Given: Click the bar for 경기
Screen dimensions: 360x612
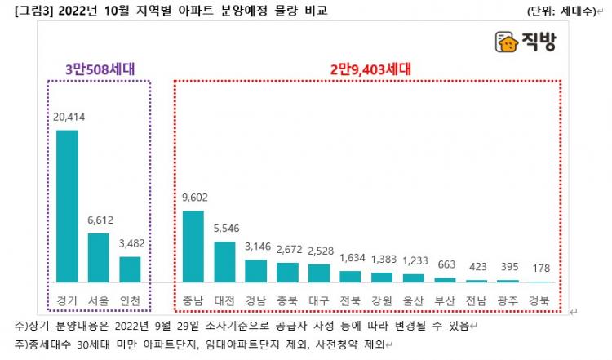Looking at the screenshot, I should pyautogui.click(x=67, y=206).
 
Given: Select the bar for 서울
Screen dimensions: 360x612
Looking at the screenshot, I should pyautogui.click(x=99, y=257).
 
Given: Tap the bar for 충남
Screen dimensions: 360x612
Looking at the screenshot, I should pyautogui.click(x=193, y=246).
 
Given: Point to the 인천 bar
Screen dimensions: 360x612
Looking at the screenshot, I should pyautogui.click(x=131, y=269).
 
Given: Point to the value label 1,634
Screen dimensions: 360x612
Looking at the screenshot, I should pyautogui.click(x=351, y=259).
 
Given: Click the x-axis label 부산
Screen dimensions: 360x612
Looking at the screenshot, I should pyautogui.click(x=445, y=300).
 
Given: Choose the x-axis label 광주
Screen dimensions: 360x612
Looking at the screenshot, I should pyautogui.click(x=508, y=300).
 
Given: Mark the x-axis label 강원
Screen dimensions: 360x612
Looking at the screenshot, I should pyautogui.click(x=382, y=300).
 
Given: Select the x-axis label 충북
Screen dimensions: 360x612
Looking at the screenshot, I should pyautogui.click(x=287, y=300).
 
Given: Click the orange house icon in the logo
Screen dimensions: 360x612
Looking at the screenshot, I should pyautogui.click(x=507, y=42).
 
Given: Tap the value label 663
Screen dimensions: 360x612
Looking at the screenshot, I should pyautogui.click(x=445, y=266).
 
